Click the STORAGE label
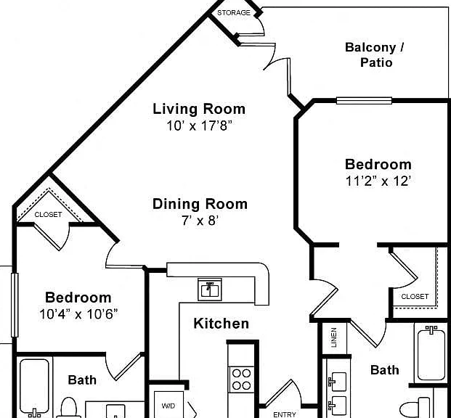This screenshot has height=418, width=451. pyautogui.click(x=234, y=12)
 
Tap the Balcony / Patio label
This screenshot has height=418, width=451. pyautogui.click(x=375, y=55)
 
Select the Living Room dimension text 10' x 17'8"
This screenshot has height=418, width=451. pyautogui.click(x=199, y=126)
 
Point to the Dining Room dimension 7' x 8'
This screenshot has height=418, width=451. pyautogui.click(x=200, y=221)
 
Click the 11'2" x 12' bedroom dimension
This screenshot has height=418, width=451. pyautogui.click(x=378, y=181)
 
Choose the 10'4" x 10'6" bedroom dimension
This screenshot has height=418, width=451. pyautogui.click(x=78, y=314)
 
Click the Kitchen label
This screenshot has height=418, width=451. pyautogui.click(x=222, y=324)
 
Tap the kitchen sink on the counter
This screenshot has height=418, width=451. pyautogui.click(x=210, y=290)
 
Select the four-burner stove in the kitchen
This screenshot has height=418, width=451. pyautogui.click(x=241, y=380)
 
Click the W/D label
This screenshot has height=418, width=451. pyautogui.click(x=168, y=406)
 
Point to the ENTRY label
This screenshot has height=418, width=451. pyautogui.click(x=285, y=414)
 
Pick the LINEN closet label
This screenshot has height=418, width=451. pyautogui.click(x=333, y=337)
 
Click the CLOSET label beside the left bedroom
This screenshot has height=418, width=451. pyautogui.click(x=48, y=215)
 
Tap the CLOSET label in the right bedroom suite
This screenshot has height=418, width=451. pyautogui.click(x=415, y=296)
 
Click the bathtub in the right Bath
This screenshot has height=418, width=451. pyautogui.click(x=431, y=354)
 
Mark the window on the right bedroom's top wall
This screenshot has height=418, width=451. pyautogui.click(x=364, y=101)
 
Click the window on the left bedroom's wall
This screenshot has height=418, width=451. pyautogui.click(x=15, y=305)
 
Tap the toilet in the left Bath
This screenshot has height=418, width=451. pyautogui.click(x=69, y=408)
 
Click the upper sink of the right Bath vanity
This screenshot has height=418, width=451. pyautogui.click(x=338, y=382)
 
